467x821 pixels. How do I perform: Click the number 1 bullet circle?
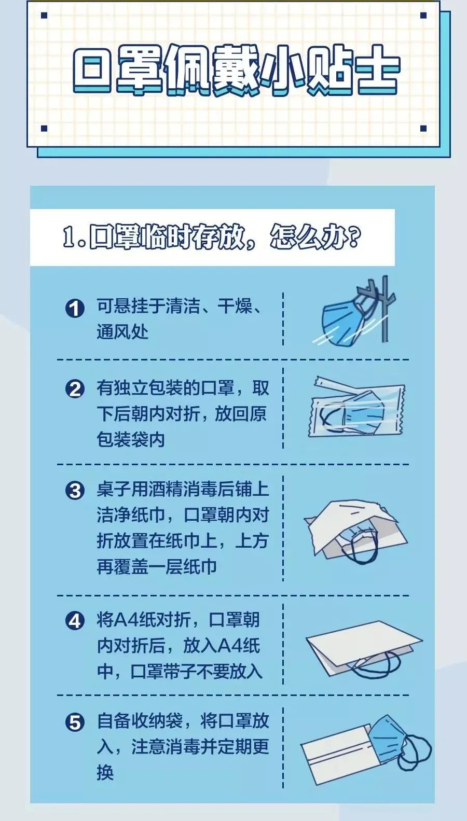(75, 308)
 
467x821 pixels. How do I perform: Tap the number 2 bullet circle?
(75, 389)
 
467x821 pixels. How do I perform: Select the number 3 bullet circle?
(75, 491)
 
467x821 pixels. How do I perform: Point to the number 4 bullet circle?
(75, 621)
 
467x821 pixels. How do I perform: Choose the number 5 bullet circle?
(75, 722)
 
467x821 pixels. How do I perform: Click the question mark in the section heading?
(353, 238)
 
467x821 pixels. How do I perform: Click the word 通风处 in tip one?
(122, 332)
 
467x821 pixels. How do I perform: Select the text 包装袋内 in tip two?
(131, 439)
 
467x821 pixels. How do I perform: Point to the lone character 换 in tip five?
(105, 773)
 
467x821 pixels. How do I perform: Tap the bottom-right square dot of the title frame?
(423, 128)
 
